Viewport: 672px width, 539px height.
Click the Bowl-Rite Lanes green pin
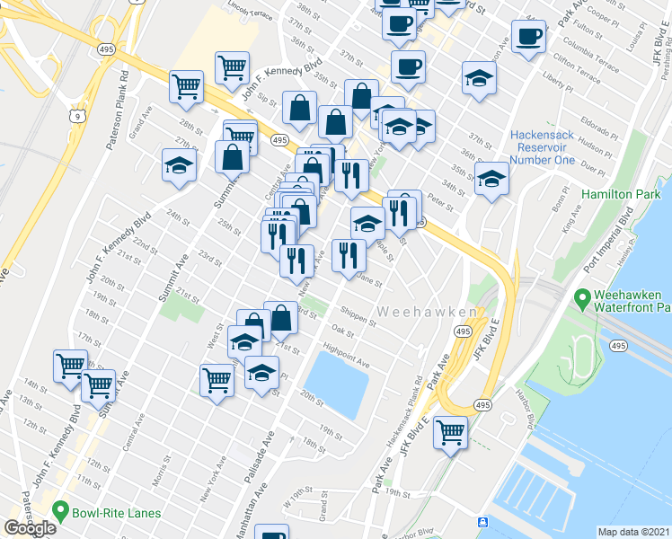coord(61,513)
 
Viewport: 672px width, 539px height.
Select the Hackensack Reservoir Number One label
coord(542,147)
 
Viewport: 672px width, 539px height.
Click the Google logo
coord(30,528)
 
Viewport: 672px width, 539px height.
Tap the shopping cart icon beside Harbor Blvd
coord(450,433)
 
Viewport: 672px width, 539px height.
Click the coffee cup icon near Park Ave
coord(530,38)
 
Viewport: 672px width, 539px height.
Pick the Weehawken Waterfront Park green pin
coord(582,297)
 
